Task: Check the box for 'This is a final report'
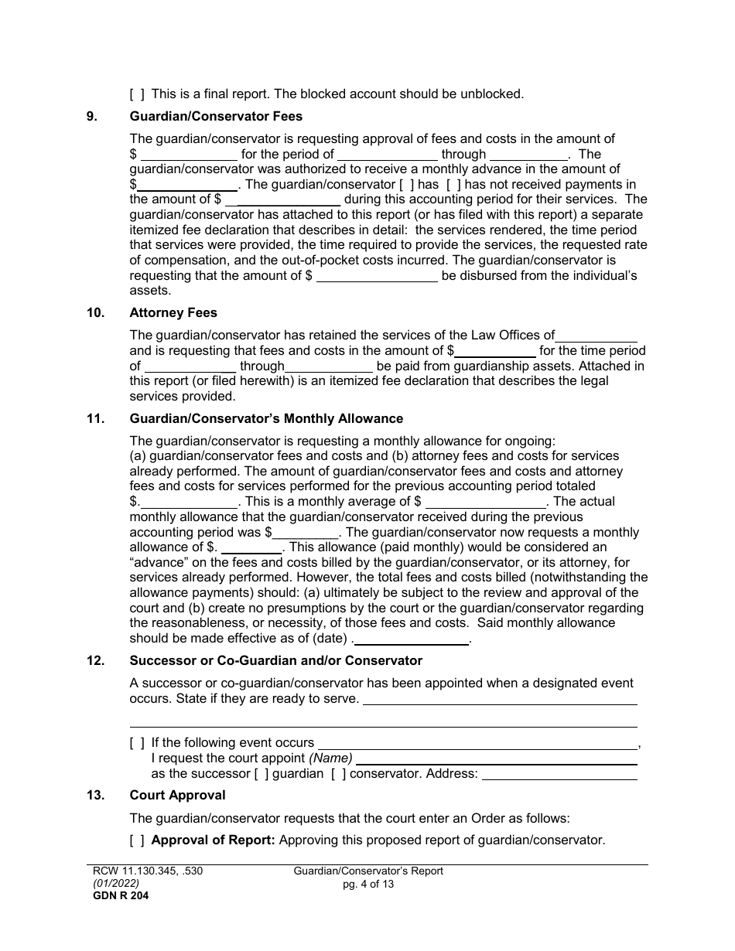137,94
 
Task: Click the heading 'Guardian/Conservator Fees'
216,117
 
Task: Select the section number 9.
91,117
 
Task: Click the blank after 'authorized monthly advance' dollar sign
187,184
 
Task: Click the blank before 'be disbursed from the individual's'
378,276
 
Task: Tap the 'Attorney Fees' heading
173,313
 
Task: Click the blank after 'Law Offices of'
596,336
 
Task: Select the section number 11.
94,419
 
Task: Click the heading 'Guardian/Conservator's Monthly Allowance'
266,419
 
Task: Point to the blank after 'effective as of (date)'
412,639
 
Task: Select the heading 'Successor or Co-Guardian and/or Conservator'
275,661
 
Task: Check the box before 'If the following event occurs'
137,743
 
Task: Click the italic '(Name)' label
330,758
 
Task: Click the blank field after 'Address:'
559,774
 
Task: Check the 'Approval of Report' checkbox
137,840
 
